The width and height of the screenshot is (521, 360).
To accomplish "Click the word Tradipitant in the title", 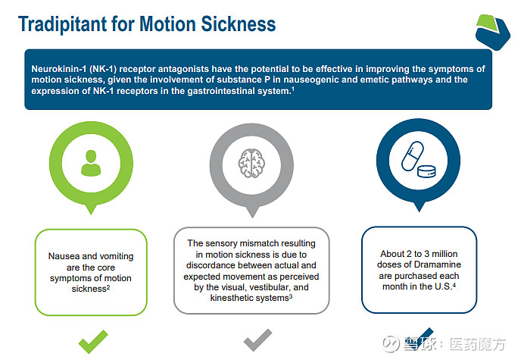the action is [x=63, y=24].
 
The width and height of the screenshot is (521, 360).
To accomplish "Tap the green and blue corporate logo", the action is [x=492, y=33].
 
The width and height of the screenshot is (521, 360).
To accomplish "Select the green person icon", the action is [x=91, y=163].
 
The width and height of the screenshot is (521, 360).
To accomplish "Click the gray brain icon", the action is [x=251, y=163].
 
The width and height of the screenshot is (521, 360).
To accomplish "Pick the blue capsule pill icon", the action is [x=413, y=156].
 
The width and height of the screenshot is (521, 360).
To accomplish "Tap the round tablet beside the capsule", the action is [x=426, y=171].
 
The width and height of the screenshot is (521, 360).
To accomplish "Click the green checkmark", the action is [x=93, y=341].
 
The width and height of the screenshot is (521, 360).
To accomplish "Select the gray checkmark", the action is [x=257, y=340].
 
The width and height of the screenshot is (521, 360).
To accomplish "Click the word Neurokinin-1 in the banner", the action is [x=59, y=69].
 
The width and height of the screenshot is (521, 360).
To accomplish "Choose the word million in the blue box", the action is [x=445, y=254].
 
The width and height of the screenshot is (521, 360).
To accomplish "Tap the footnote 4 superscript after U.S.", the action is [x=454, y=285].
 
